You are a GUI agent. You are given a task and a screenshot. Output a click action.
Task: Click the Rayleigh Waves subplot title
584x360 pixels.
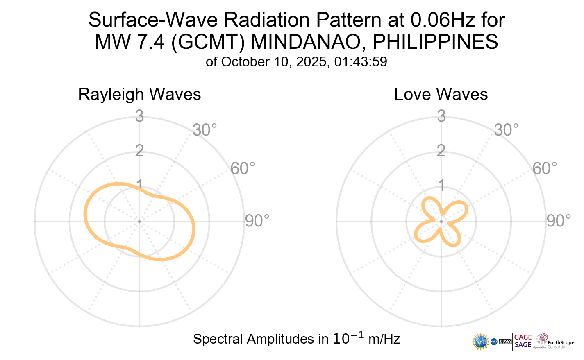(x=139, y=95)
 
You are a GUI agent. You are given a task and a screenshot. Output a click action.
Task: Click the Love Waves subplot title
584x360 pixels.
(x=441, y=95)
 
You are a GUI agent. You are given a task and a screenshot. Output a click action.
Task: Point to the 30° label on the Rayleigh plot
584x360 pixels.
(x=205, y=130)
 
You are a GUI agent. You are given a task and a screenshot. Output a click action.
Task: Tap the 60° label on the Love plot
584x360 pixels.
(x=545, y=168)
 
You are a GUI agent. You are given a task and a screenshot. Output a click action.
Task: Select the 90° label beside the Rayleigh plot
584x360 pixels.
(x=257, y=221)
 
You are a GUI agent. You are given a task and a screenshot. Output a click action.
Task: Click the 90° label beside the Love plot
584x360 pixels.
(x=559, y=221)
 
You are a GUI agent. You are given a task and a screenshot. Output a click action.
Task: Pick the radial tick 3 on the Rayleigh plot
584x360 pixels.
(x=139, y=117)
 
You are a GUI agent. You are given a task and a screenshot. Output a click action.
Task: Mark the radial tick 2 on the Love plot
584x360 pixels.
(x=441, y=151)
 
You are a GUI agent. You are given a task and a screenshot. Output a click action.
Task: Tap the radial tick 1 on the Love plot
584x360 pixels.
(x=441, y=186)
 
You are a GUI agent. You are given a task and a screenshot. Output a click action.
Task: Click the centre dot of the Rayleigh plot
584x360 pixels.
(x=139, y=222)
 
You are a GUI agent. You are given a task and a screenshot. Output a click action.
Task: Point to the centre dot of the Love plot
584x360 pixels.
(x=441, y=222)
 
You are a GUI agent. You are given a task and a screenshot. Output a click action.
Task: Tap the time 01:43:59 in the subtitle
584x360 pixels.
(x=361, y=62)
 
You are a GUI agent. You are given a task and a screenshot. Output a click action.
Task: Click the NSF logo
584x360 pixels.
(x=481, y=342)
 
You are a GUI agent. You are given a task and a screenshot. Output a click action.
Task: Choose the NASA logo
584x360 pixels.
(x=494, y=342)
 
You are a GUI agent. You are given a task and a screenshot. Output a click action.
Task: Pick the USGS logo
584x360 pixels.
(x=505, y=342)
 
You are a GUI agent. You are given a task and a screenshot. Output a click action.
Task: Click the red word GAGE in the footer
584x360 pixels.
(x=523, y=337)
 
